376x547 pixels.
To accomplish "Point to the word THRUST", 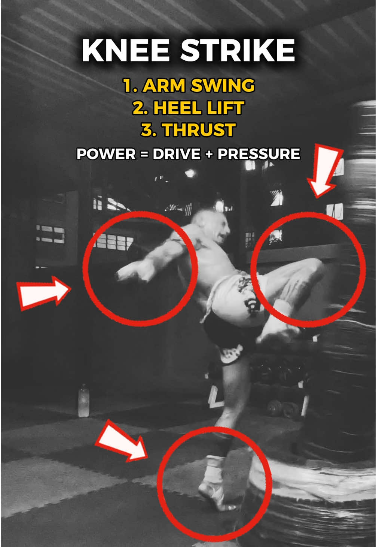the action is tap(199, 130).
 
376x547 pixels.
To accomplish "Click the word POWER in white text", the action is tap(106, 154).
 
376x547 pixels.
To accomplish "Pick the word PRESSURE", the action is tap(259, 154).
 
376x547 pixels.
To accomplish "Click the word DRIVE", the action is tap(177, 154).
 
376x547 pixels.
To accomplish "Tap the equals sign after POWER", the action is tap(144, 154).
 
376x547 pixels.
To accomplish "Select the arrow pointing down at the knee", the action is tap(324, 171).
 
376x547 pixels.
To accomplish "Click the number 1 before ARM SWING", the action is tap(127, 86).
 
